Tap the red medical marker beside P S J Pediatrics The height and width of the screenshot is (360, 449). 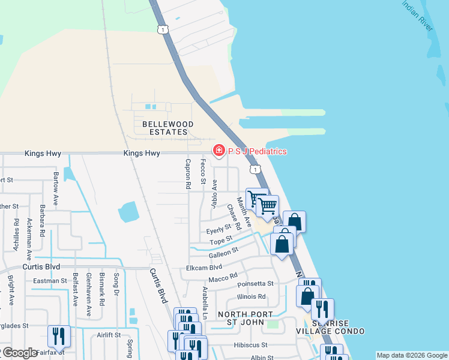[219, 151]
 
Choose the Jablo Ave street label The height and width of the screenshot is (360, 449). [214, 194]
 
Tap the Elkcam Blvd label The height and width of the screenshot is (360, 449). [204, 268]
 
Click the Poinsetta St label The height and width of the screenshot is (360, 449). [255, 284]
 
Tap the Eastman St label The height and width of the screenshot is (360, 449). [50, 281]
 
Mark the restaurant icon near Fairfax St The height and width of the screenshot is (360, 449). [59, 337]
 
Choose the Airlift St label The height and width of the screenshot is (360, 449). [109, 335]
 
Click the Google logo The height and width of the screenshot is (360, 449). [20, 353]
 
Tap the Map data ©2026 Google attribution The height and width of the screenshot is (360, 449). [411, 355]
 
